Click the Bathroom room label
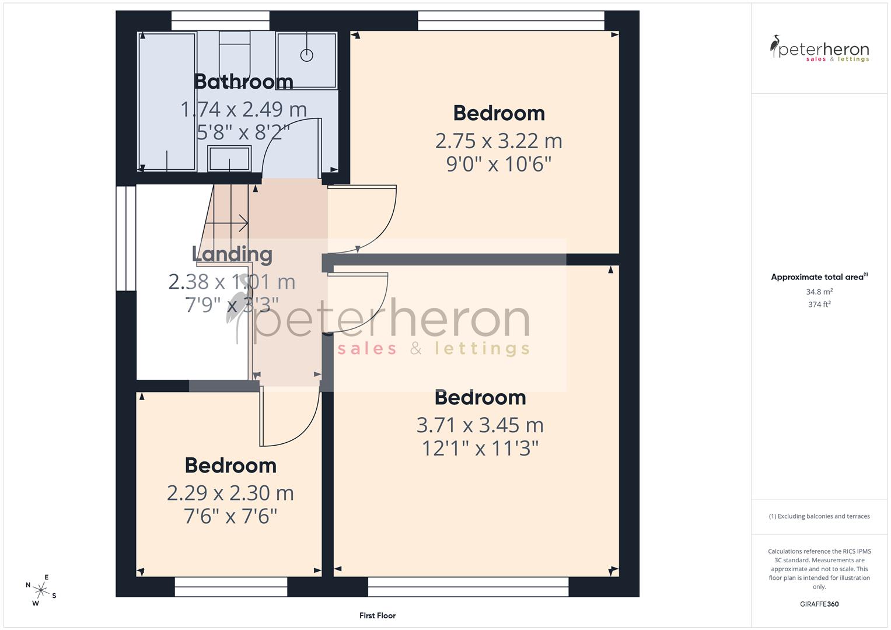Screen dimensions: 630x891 [243, 82]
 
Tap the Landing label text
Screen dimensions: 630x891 [232, 254]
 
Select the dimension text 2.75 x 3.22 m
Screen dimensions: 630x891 [498, 141]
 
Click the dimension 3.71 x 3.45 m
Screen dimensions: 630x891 [480, 425]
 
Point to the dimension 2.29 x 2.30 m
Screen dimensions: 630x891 [230, 494]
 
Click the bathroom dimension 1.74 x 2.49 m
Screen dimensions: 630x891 [243, 109]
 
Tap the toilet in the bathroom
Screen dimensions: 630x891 [235, 50]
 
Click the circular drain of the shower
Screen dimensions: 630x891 [307, 55]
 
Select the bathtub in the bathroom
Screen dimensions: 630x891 [167, 101]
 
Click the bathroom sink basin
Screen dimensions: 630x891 [229, 158]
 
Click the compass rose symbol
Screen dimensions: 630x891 [41, 590]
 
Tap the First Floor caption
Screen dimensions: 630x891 [378, 615]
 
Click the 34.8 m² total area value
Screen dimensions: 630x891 [819, 292]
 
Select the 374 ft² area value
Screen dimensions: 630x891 [819, 304]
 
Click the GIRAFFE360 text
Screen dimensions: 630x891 [819, 604]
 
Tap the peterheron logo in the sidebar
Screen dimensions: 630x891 [819, 48]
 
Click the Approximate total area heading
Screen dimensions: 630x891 [819, 277]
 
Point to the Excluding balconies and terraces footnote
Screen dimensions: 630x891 [819, 516]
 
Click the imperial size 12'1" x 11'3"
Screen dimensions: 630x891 [480, 449]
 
